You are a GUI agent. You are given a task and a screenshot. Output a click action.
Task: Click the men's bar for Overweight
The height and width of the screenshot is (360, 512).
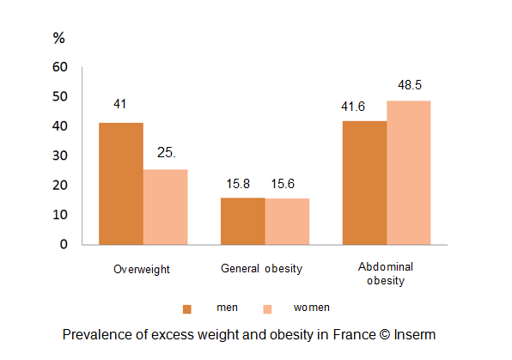121,183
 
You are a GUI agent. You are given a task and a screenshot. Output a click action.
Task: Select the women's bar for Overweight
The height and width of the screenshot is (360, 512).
165,206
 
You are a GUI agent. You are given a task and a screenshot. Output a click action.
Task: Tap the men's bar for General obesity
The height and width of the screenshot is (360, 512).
242,221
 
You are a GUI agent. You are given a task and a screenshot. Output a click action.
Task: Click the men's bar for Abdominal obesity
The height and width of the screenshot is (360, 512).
364,182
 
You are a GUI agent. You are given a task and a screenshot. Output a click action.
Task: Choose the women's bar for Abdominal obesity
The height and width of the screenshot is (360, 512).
408,172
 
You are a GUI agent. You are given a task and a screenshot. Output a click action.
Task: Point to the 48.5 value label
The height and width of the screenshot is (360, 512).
409,85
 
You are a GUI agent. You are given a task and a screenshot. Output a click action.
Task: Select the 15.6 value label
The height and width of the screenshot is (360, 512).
284,184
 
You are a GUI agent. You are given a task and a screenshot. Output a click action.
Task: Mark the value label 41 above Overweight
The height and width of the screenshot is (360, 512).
120,104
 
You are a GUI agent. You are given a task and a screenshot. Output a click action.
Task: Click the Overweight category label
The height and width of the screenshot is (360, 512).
142,269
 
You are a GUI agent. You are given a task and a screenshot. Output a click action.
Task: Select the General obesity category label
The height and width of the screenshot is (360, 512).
261,268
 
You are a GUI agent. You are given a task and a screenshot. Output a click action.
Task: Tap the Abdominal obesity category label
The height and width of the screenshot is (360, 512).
386,274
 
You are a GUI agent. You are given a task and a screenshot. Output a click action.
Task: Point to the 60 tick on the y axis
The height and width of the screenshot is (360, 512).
60,67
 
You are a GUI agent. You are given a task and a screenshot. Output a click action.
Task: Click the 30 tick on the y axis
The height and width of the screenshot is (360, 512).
60,156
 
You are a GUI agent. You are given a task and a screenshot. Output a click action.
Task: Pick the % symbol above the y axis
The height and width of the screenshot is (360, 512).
59,39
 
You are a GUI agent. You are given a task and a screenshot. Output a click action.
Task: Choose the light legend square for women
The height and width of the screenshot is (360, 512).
266,308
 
